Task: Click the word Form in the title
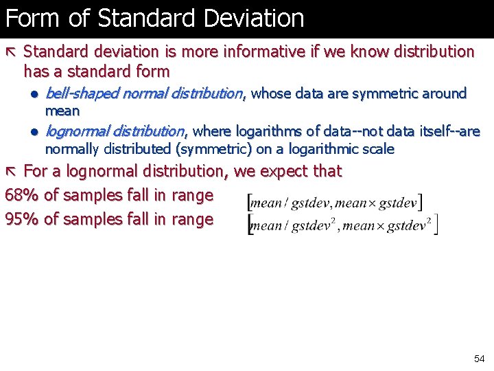click(x=34, y=18)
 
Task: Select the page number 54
click(x=479, y=359)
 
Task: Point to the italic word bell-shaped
click(x=80, y=93)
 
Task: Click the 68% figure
click(x=21, y=195)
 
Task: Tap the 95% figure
click(x=21, y=219)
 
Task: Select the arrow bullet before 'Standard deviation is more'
click(x=12, y=52)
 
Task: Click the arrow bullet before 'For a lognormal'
click(x=12, y=171)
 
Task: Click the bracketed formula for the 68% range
click(x=335, y=202)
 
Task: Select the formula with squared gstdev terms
click(x=342, y=225)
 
